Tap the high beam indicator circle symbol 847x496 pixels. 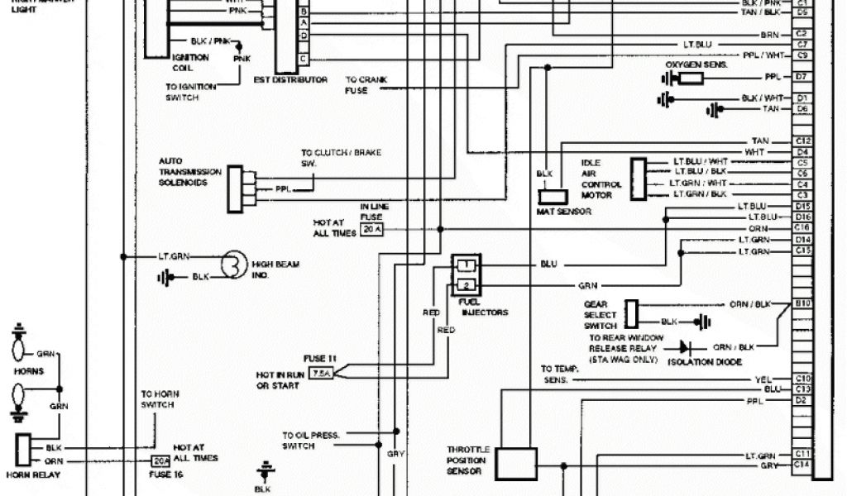(x=235, y=266)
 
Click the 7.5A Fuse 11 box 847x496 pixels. (x=320, y=374)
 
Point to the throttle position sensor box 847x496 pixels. (x=517, y=463)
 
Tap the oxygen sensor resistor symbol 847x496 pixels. (x=691, y=78)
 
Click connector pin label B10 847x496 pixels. (x=802, y=304)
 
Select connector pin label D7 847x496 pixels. (x=802, y=77)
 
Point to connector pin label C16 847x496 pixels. (x=802, y=227)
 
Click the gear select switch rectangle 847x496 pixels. (x=631, y=313)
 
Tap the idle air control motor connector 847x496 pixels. (x=638, y=177)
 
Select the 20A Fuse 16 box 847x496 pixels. (x=160, y=461)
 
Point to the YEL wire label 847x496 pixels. (x=763, y=379)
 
